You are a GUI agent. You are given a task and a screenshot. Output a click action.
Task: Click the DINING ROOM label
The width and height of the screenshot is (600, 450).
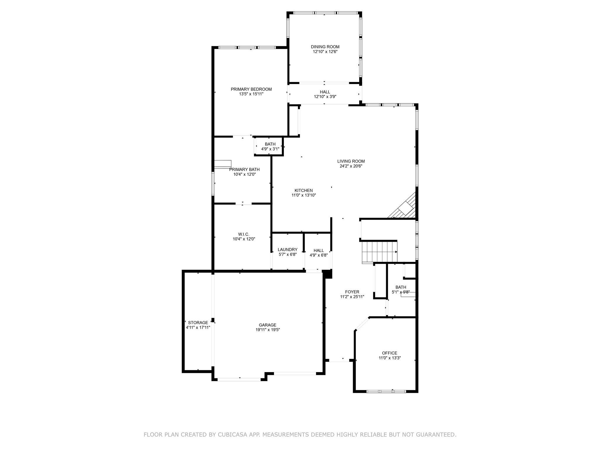pyautogui.click(x=325, y=47)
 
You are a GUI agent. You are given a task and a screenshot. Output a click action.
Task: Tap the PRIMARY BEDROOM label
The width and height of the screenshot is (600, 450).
pyautogui.click(x=251, y=89)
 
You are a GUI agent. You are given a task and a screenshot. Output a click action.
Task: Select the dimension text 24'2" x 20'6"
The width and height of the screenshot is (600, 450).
pyautogui.click(x=351, y=166)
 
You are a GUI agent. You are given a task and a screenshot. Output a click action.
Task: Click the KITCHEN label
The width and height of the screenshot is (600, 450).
pyautogui.click(x=304, y=190)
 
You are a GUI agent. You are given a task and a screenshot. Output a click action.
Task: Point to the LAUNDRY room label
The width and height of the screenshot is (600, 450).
pyautogui.click(x=287, y=250)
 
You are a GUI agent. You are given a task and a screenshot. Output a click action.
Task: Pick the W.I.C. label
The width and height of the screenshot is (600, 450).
pyautogui.click(x=243, y=234)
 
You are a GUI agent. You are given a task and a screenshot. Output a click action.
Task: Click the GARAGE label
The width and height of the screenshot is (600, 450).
pyautogui.click(x=267, y=325)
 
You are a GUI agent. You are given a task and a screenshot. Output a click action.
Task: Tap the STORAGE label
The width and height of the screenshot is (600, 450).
pyautogui.click(x=198, y=323)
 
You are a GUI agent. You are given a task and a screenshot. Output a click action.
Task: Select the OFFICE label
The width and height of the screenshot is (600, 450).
pyautogui.click(x=389, y=353)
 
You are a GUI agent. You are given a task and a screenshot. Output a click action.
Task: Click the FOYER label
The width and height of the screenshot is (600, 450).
pyautogui.click(x=352, y=292)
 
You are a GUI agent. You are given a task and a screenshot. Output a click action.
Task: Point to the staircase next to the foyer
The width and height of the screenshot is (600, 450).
pyautogui.click(x=379, y=251)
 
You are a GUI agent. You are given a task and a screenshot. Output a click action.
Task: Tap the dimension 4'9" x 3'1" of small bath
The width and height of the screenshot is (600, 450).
pyautogui.click(x=270, y=149)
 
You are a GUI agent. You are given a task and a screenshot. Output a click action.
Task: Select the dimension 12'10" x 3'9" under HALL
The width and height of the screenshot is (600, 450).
pyautogui.click(x=325, y=97)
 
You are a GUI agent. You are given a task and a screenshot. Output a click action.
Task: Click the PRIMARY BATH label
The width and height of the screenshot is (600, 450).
pyautogui.click(x=244, y=169)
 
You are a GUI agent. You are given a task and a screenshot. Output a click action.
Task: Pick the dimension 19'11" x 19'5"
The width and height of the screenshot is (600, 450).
pyautogui.click(x=267, y=330)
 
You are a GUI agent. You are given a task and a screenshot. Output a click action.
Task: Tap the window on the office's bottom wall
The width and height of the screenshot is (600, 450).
pyautogui.click(x=386, y=391)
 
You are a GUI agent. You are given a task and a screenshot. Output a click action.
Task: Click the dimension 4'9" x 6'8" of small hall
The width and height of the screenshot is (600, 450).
pyautogui.click(x=318, y=255)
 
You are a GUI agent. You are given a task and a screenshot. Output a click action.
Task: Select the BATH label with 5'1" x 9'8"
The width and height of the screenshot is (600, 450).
pyautogui.click(x=400, y=287)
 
